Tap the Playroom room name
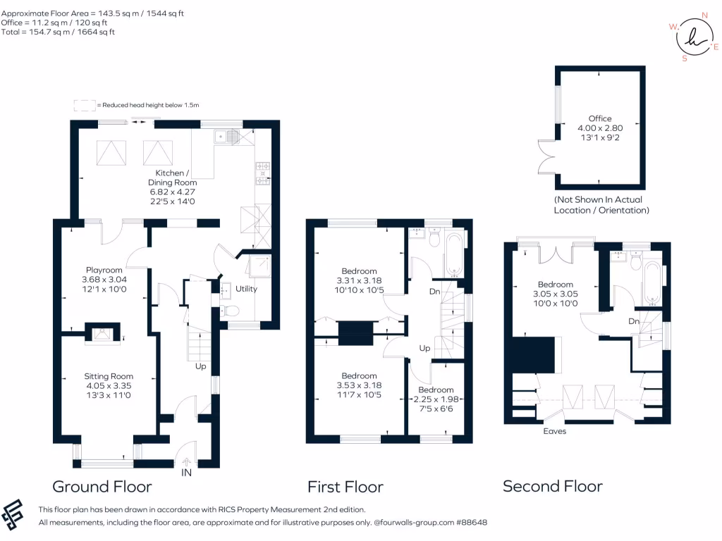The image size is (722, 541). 104,270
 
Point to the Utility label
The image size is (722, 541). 247,289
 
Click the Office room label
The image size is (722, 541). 600,118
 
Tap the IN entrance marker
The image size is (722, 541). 186,472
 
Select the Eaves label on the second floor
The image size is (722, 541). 554,431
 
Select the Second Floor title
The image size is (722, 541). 552,486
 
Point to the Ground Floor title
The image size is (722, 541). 102,487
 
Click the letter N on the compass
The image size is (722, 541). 704,14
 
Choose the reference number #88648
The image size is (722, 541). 471,523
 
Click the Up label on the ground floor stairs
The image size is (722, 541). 201,366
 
